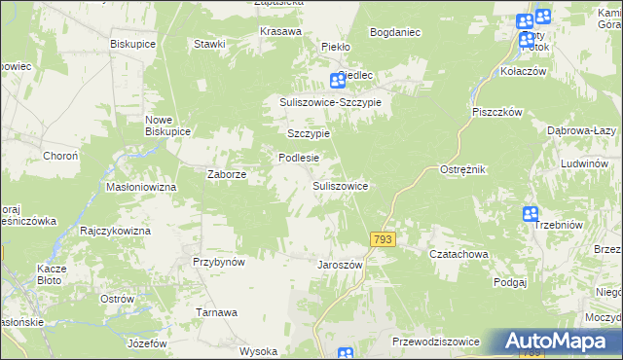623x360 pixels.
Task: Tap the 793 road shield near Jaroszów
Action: [x=382, y=239]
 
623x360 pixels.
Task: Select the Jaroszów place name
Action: [x=341, y=265]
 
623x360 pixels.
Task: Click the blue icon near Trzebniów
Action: [x=531, y=214]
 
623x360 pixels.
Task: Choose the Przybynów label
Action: [x=218, y=262]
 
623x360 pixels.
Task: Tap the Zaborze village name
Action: [x=227, y=175]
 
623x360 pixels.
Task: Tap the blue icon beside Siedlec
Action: [x=338, y=81]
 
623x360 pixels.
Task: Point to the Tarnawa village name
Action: [x=217, y=312]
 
